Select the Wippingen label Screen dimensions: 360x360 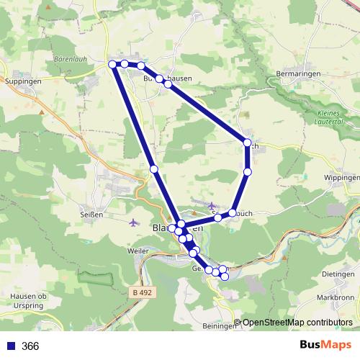pyautogui.click(x=341, y=177)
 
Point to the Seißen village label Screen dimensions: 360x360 pyautogui.click(x=92, y=215)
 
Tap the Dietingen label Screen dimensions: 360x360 pyautogui.click(x=338, y=274)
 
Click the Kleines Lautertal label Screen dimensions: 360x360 pyautogui.click(x=333, y=117)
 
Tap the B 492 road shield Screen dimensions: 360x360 pyautogui.click(x=144, y=292)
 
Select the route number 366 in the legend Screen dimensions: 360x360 pyautogui.click(x=30, y=346)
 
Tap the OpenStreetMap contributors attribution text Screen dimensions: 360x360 pyautogui.click(x=297, y=323)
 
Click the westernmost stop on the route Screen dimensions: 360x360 pyautogui.click(x=113, y=65)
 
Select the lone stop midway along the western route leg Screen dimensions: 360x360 pyautogui.click(x=154, y=168)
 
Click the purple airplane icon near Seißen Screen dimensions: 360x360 pyautogui.click(x=133, y=222)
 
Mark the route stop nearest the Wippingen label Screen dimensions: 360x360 pyautogui.click(x=248, y=171)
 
